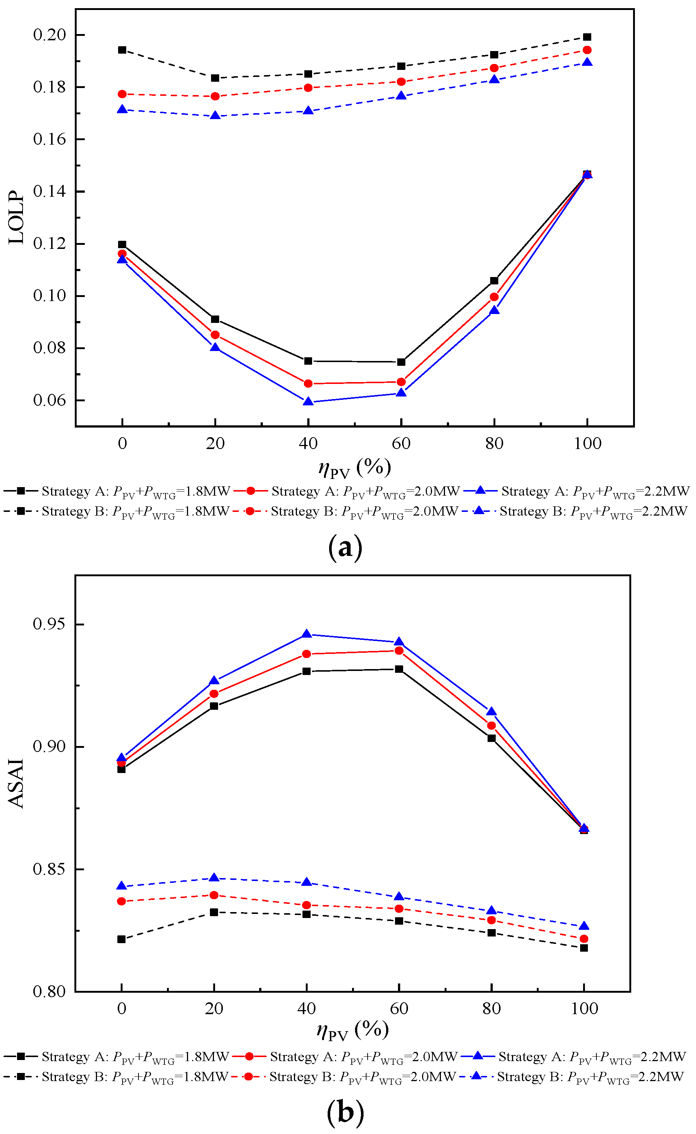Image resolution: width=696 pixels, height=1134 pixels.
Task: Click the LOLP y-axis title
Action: click(x=17, y=217)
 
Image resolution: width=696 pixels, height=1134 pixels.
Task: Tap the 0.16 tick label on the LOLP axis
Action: click(x=49, y=139)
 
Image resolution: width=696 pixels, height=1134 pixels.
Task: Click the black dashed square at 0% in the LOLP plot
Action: click(x=122, y=50)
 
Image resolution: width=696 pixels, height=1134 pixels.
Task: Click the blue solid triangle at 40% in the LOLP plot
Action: click(x=308, y=401)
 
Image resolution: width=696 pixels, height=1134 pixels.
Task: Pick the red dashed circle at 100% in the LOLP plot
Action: click(x=587, y=50)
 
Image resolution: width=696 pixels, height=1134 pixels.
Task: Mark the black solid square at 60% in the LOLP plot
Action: click(x=401, y=362)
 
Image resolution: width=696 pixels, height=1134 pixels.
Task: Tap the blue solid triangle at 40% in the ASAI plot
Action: click(x=307, y=634)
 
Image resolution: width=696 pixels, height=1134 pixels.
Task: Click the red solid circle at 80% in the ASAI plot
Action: click(x=492, y=726)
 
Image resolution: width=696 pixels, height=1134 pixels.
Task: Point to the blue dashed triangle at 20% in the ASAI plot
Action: click(x=214, y=878)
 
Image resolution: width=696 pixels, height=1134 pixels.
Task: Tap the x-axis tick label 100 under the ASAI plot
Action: click(x=584, y=1009)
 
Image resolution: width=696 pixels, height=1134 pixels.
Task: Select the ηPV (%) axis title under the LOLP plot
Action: click(x=354, y=468)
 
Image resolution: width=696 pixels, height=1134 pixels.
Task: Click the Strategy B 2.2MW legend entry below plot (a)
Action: click(x=580, y=511)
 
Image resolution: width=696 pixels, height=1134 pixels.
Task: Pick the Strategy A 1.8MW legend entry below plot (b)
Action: click(x=117, y=1056)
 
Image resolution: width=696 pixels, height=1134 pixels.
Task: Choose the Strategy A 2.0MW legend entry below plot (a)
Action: click(x=347, y=491)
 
